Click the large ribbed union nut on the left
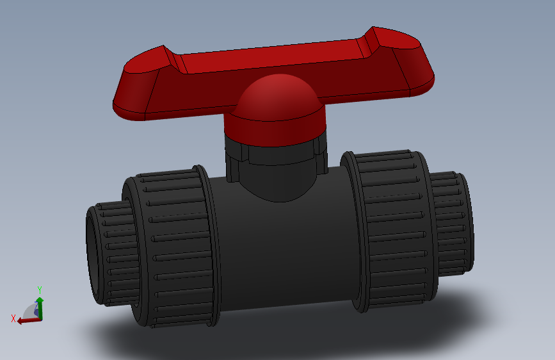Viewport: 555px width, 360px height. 172,247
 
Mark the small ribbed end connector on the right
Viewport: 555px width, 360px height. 451,221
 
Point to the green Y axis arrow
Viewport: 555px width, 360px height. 40,305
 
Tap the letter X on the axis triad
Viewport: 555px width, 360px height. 13,318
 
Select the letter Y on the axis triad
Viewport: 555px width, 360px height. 40,290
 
